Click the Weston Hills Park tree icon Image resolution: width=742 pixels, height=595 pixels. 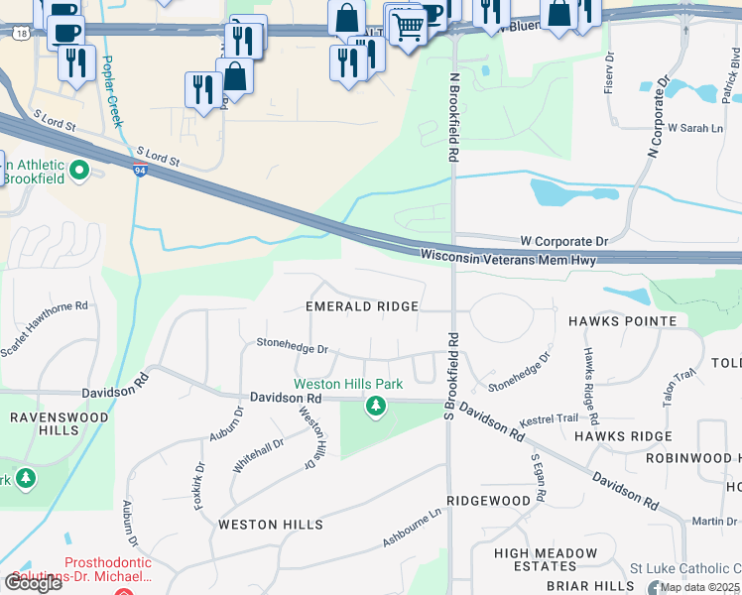pyautogui.click(x=375, y=406)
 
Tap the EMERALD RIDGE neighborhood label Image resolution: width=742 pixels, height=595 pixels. pyautogui.click(x=361, y=307)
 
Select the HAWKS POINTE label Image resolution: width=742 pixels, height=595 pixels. pyautogui.click(x=622, y=321)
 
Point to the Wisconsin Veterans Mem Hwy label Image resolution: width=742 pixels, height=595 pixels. pyautogui.click(x=513, y=256)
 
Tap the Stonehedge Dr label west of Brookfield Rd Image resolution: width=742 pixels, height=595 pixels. pyautogui.click(x=292, y=349)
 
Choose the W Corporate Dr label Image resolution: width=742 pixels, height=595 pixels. pyautogui.click(x=563, y=241)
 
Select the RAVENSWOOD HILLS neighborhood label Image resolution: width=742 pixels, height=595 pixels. pyautogui.click(x=45, y=424)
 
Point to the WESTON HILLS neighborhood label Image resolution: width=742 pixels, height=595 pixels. pyautogui.click(x=270, y=525)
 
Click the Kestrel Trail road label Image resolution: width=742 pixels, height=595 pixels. pyautogui.click(x=549, y=418)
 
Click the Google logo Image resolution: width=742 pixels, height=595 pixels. pyautogui.click(x=33, y=583)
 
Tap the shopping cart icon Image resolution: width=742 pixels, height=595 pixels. pyautogui.click(x=407, y=26)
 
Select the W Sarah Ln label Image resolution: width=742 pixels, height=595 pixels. pyautogui.click(x=694, y=129)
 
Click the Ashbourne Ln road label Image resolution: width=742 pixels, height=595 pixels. pyautogui.click(x=412, y=530)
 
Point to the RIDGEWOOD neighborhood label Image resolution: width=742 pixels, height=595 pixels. pyautogui.click(x=488, y=501)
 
